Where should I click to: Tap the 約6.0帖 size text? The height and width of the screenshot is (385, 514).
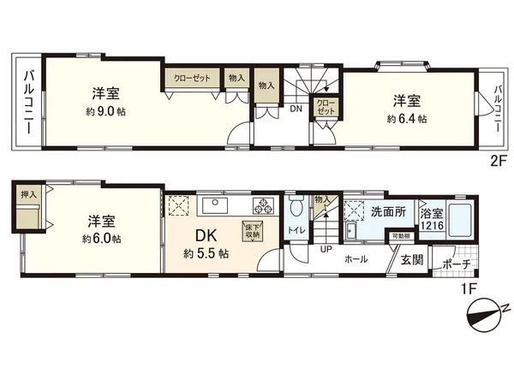[x=101, y=240]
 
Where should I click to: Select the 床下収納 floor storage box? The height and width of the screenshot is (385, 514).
[x=253, y=231]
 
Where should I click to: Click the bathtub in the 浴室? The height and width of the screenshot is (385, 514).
[x=462, y=220]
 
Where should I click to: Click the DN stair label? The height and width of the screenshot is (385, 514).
[x=295, y=110]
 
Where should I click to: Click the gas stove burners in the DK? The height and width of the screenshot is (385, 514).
[x=262, y=207]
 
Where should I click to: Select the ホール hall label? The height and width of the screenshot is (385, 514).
[x=357, y=258]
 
